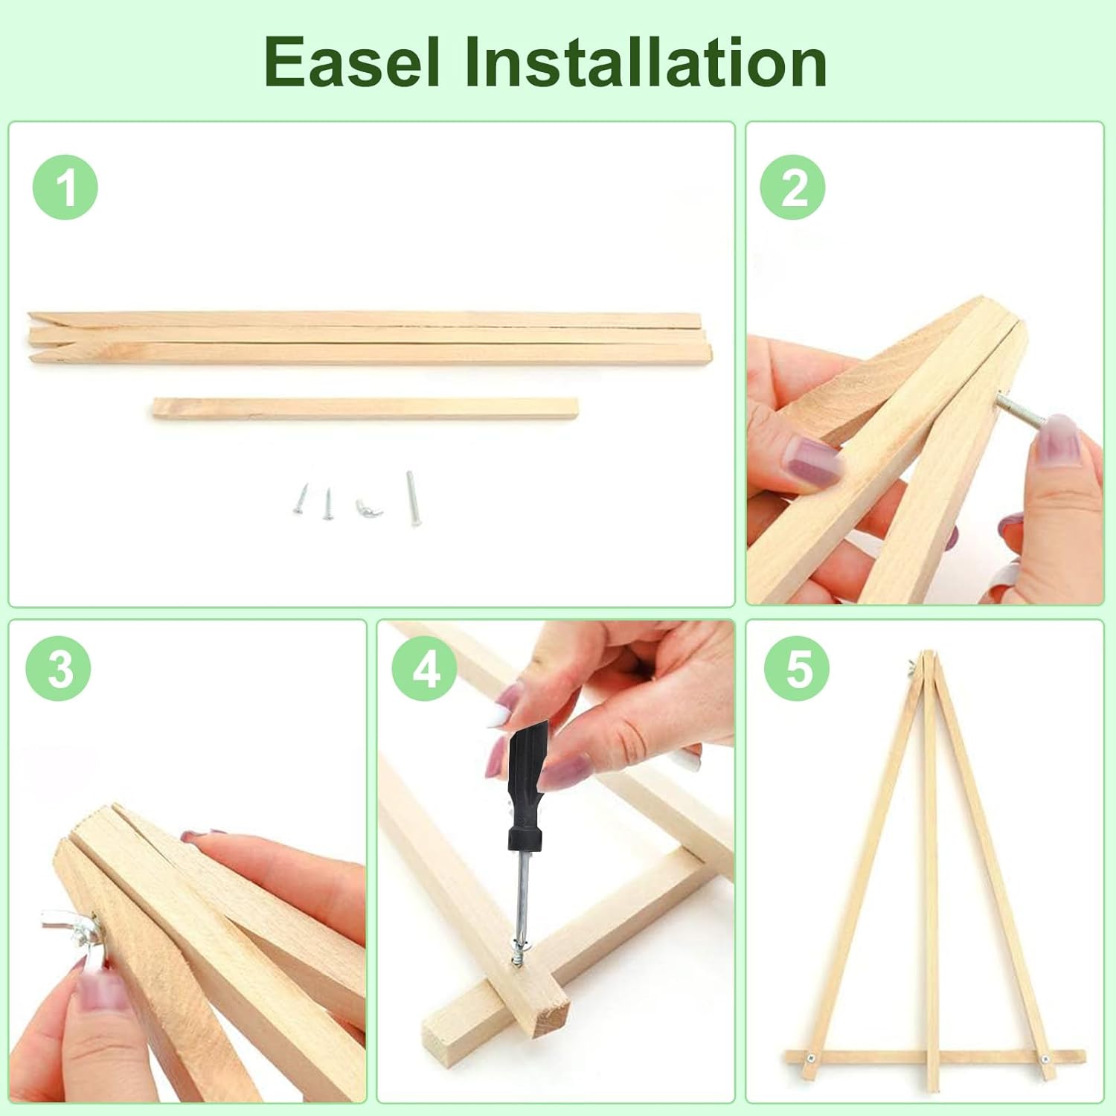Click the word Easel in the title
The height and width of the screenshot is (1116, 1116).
click(352, 62)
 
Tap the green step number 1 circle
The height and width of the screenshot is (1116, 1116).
click(65, 187)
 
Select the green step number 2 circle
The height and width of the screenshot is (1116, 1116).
click(793, 187)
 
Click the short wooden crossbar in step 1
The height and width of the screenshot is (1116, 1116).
click(365, 408)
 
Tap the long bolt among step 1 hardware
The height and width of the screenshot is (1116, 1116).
click(412, 498)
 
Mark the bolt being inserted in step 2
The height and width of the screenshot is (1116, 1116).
click(1018, 411)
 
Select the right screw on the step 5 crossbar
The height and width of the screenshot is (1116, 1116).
click(1045, 1059)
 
